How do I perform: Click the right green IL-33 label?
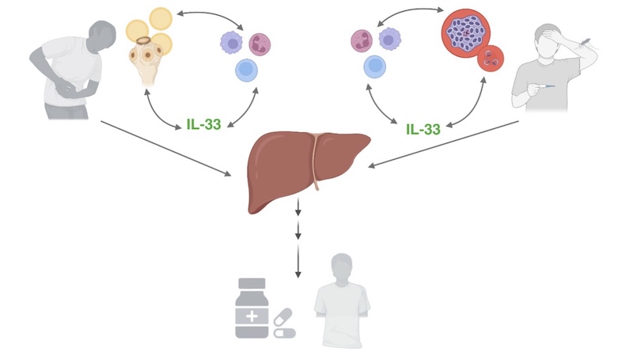(x=423, y=128)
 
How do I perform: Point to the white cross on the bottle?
(x=252, y=314)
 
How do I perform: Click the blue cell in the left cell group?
(x=247, y=71)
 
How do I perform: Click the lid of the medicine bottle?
(x=252, y=283)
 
